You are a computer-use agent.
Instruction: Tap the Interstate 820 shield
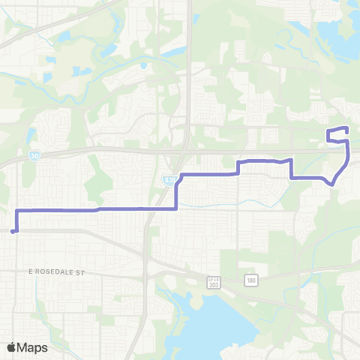click(x=169, y=181)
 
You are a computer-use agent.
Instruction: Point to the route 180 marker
click(x=250, y=280)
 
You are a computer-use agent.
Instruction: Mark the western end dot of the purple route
click(x=13, y=232)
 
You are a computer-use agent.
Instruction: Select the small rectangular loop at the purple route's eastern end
click(x=337, y=134)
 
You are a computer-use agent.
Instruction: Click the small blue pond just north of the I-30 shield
click(x=31, y=136)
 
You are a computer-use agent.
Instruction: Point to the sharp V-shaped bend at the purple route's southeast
click(x=332, y=183)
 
